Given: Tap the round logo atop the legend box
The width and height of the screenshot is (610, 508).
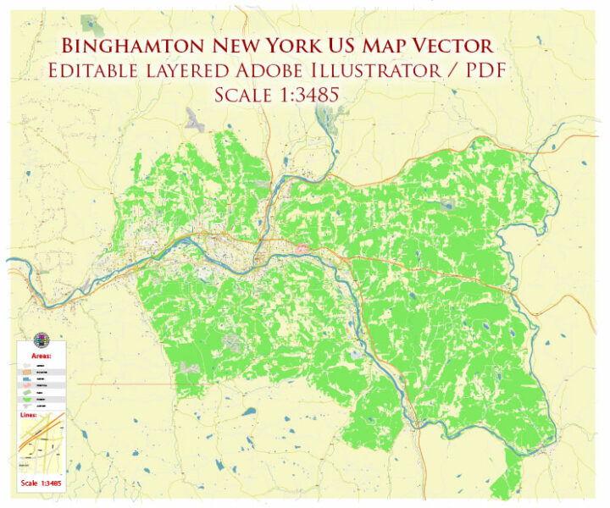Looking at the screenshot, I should pyautogui.click(x=40, y=340).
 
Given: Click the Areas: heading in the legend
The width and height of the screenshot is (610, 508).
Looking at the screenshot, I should pyautogui.click(x=40, y=356).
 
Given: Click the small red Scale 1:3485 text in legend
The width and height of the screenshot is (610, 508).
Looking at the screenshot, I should pyautogui.click(x=40, y=484).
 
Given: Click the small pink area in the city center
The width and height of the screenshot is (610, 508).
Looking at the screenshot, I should pyautogui.click(x=302, y=249).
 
